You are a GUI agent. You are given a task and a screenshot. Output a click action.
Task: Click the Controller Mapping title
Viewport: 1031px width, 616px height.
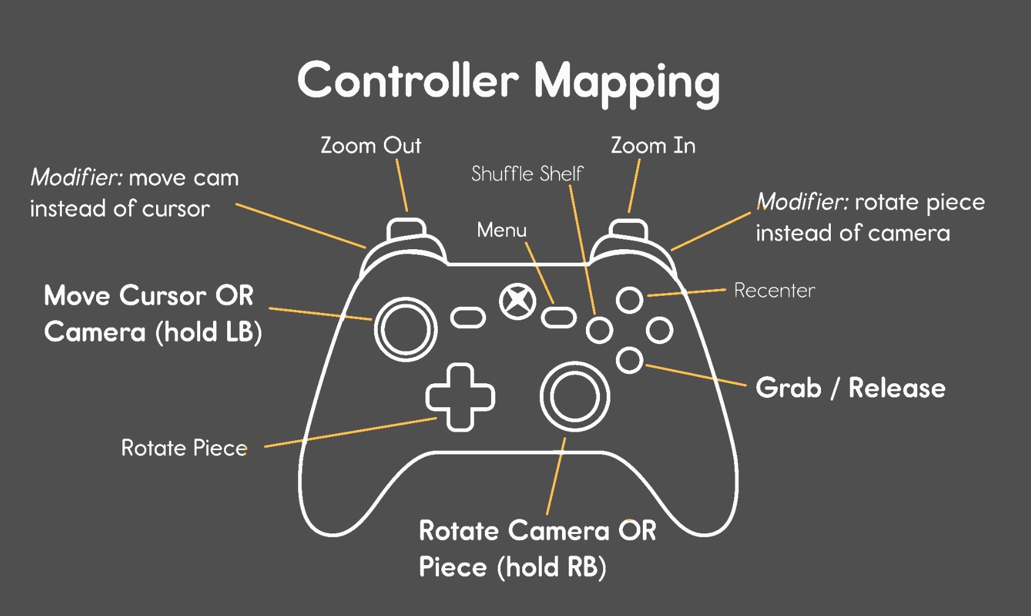click(508, 81)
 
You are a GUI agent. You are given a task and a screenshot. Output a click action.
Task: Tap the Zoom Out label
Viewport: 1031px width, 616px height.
click(371, 146)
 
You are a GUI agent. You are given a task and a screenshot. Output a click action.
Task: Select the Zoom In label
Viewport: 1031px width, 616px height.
click(653, 146)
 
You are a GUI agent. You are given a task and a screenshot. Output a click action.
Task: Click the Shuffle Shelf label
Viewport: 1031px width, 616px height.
click(527, 174)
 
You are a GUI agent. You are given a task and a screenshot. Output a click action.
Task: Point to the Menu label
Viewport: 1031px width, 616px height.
click(501, 230)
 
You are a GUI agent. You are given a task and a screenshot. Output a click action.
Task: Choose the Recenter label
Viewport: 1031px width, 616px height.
click(774, 290)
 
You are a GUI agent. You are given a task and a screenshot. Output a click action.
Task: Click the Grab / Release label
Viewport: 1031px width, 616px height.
click(850, 388)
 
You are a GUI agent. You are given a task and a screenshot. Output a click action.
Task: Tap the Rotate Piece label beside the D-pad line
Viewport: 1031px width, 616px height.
click(184, 448)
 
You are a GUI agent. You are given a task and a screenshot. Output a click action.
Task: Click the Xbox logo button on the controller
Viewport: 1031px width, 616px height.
click(517, 301)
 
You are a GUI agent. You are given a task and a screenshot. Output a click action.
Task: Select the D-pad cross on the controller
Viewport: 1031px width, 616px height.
click(460, 397)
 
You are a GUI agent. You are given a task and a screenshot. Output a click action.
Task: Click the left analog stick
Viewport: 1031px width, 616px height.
click(405, 329)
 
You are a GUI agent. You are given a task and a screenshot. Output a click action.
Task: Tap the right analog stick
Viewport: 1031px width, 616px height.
click(574, 396)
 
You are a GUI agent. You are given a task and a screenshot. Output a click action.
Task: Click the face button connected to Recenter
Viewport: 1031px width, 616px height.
click(629, 300)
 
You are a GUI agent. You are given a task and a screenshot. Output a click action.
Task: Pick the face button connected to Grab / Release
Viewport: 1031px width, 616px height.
click(629, 360)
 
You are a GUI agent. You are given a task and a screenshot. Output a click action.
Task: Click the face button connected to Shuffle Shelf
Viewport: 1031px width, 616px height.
click(599, 331)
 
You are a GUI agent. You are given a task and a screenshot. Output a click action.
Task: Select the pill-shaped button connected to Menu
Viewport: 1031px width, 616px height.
click(558, 318)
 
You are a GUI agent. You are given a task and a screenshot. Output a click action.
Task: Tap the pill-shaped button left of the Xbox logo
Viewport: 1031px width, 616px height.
click(468, 317)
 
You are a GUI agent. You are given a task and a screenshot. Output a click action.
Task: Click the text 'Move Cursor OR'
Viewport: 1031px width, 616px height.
click(149, 296)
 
